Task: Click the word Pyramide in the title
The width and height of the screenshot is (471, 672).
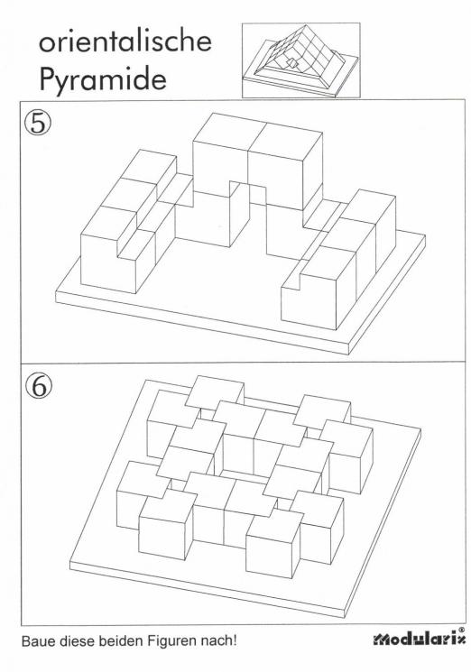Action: [x=97, y=82]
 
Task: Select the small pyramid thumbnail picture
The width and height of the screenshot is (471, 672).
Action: [x=300, y=60]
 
